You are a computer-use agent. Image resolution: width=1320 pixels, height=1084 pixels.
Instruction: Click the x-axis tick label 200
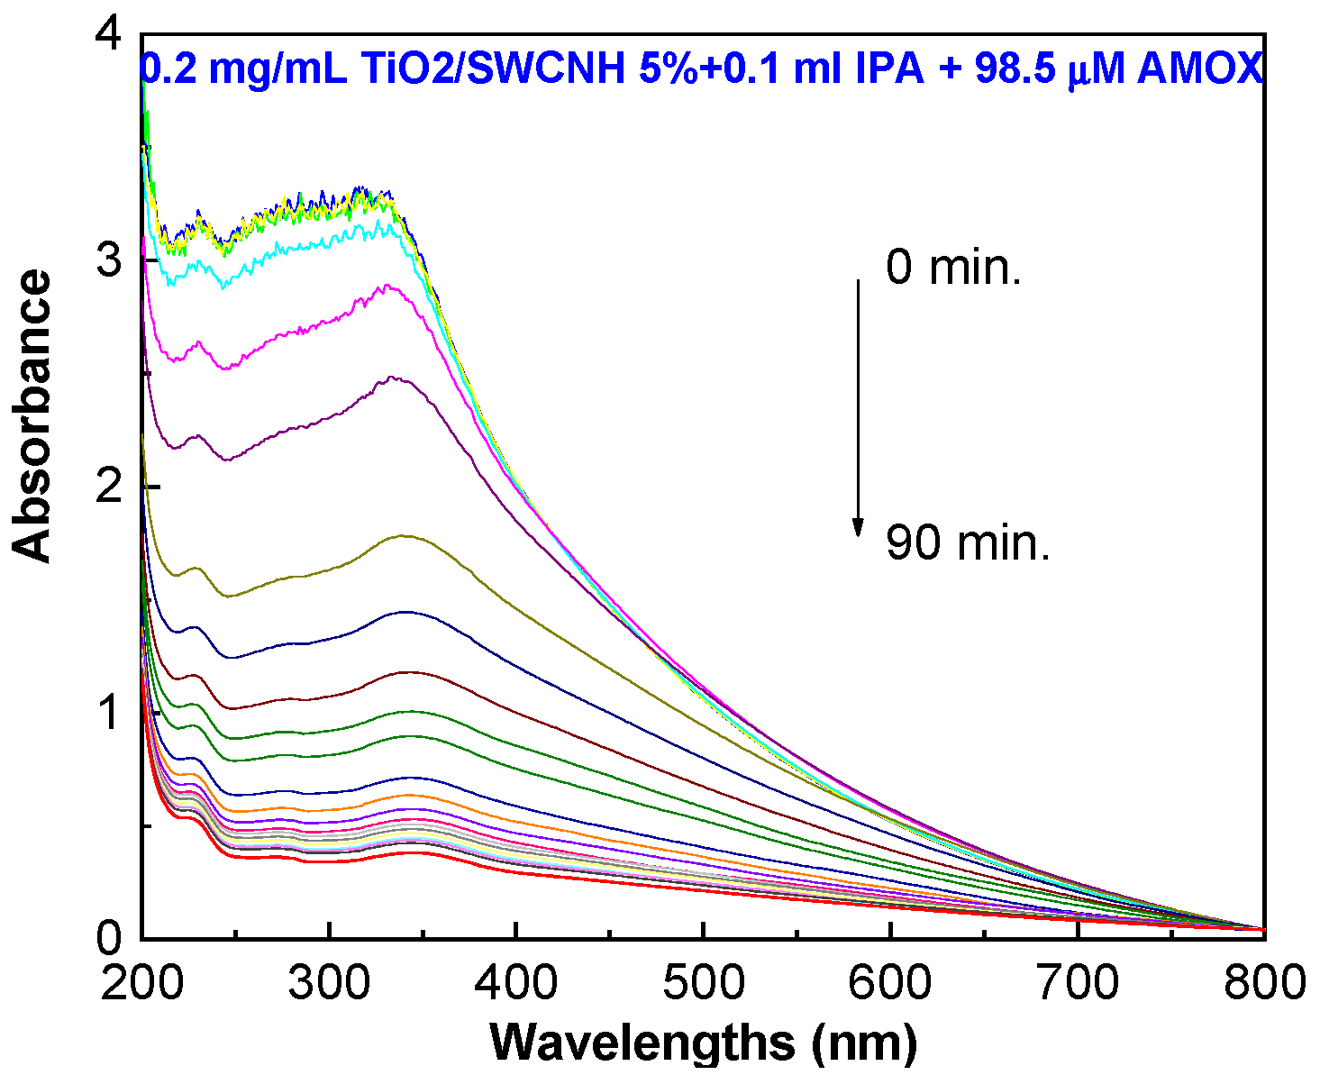142,982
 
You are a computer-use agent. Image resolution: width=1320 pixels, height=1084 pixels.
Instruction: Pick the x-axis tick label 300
330,982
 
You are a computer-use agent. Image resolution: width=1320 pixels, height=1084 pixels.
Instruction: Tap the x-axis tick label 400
516,982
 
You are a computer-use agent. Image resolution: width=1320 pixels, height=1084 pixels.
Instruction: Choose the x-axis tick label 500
704,982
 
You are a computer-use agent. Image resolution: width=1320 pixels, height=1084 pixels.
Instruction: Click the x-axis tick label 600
891,982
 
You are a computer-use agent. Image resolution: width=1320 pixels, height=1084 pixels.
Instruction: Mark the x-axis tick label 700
1079,982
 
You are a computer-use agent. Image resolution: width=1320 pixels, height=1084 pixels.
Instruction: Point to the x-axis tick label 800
1264,982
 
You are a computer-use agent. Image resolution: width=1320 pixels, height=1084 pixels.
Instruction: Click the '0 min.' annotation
953,269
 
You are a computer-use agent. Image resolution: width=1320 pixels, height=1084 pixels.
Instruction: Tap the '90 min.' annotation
968,543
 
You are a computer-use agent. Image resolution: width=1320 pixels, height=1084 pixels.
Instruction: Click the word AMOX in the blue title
1200,68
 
